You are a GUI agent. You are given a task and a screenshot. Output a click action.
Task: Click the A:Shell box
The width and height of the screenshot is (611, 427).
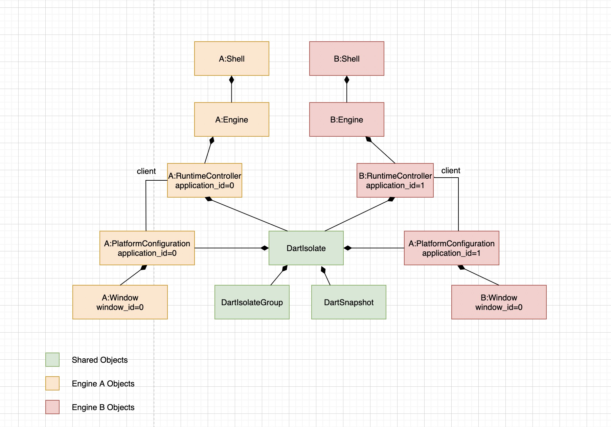click(231, 59)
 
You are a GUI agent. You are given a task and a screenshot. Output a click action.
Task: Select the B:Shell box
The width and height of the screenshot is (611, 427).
click(346, 59)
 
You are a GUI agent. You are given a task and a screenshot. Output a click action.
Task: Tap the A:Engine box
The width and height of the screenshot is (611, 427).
click(231, 119)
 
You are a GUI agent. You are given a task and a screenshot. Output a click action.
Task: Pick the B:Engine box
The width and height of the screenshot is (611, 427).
click(346, 119)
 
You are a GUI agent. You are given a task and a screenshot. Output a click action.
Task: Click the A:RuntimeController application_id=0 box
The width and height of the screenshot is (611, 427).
click(204, 180)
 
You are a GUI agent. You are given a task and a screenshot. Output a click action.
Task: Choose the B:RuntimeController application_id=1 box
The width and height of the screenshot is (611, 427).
click(395, 180)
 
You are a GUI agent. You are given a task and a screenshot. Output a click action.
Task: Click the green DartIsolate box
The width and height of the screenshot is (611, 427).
click(306, 248)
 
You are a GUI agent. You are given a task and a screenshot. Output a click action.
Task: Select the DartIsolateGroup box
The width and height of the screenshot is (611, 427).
click(252, 302)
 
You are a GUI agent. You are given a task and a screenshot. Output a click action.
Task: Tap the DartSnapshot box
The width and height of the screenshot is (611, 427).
click(348, 302)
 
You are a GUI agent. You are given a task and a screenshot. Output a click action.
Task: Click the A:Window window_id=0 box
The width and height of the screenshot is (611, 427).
click(120, 302)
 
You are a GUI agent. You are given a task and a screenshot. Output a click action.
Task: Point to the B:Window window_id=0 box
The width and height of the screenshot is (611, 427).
click(499, 302)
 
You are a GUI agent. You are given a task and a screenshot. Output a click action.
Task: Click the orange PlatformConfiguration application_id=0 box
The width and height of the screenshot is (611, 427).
click(147, 248)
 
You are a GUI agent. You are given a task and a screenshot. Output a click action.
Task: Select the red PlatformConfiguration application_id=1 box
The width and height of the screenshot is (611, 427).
click(451, 248)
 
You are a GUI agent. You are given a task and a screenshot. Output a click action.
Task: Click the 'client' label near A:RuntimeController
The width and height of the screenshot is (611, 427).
click(146, 171)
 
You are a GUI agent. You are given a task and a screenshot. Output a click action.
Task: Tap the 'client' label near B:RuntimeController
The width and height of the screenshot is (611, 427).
click(451, 171)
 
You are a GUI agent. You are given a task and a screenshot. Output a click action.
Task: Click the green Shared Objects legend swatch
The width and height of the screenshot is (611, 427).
click(52, 360)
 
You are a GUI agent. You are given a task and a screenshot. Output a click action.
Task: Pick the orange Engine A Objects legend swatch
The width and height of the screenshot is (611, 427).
click(52, 383)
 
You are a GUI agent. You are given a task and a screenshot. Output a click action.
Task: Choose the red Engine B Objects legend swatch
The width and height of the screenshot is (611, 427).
click(52, 407)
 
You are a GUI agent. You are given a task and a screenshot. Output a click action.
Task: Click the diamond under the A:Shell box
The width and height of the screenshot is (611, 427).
click(231, 80)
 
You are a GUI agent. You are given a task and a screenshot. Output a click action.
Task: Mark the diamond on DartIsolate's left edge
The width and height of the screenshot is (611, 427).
click(265, 248)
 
